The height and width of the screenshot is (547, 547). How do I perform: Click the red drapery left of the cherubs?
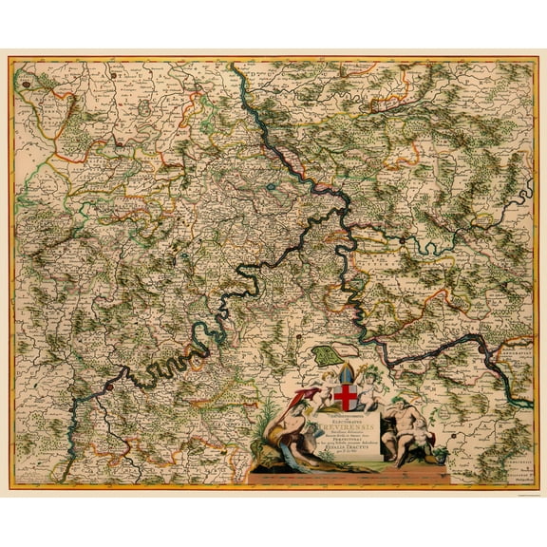tap(302, 396)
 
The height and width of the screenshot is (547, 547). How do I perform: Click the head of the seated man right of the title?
tap(416, 409)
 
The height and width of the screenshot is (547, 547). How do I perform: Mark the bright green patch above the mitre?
tap(328, 358)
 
